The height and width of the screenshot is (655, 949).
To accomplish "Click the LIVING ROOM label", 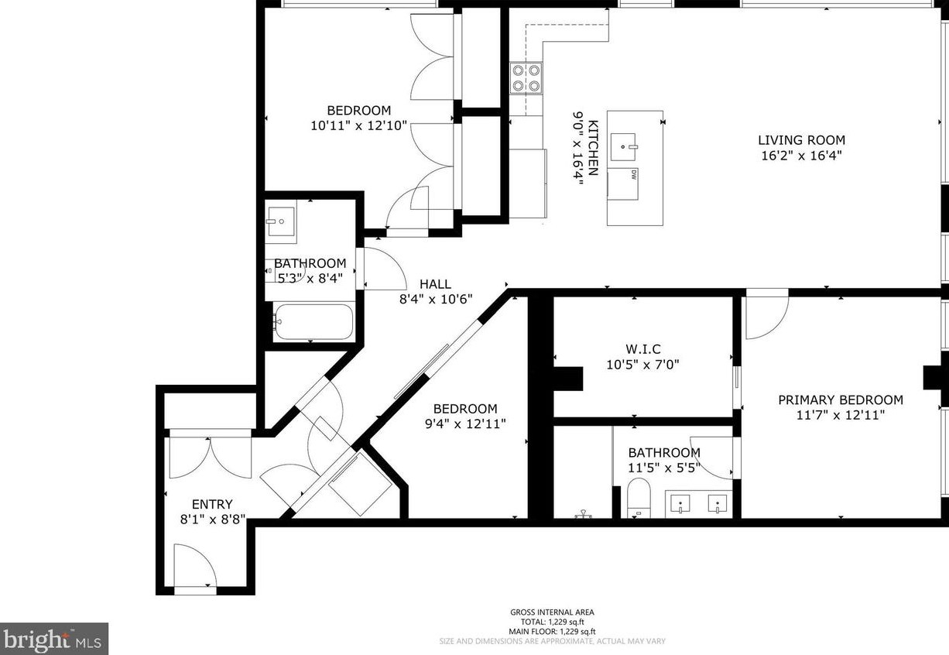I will (x=801, y=140).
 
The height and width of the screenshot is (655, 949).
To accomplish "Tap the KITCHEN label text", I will (x=593, y=147).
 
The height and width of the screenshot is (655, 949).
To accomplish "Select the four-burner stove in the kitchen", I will (x=526, y=78).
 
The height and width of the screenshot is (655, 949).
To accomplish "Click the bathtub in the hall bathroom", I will (x=314, y=321).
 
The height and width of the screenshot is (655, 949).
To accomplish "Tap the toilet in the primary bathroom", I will (x=639, y=496).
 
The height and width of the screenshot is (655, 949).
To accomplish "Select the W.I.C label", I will (x=643, y=348).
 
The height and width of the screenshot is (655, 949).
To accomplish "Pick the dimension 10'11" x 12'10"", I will (x=358, y=125).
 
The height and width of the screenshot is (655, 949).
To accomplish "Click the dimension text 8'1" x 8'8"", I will (x=212, y=520).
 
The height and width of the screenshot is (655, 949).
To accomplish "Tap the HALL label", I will (x=435, y=284).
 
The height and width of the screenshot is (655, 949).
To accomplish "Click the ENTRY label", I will (x=212, y=504).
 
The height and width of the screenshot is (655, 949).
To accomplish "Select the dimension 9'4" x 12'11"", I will (x=464, y=424).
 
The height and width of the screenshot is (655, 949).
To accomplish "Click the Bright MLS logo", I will (x=53, y=639).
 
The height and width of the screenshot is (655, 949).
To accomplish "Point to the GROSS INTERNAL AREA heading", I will (x=552, y=612).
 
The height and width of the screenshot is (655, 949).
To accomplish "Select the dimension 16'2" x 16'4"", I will (x=801, y=155).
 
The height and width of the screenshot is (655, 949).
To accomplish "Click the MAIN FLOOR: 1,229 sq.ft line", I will (x=552, y=631).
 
